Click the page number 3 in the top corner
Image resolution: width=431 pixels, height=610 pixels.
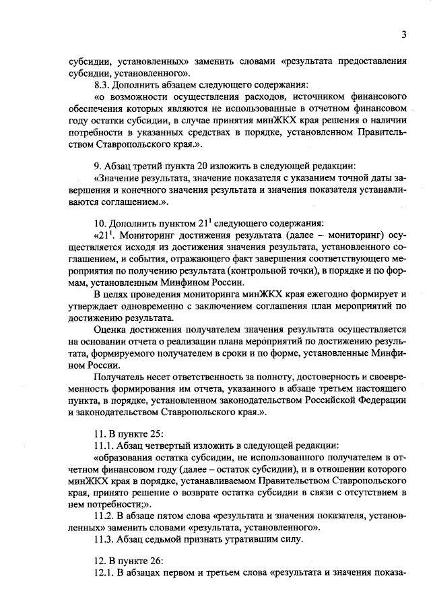(x=403, y=35)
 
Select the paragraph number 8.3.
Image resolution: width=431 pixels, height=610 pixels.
(x=103, y=85)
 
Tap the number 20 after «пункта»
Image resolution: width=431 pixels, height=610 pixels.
(x=199, y=165)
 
